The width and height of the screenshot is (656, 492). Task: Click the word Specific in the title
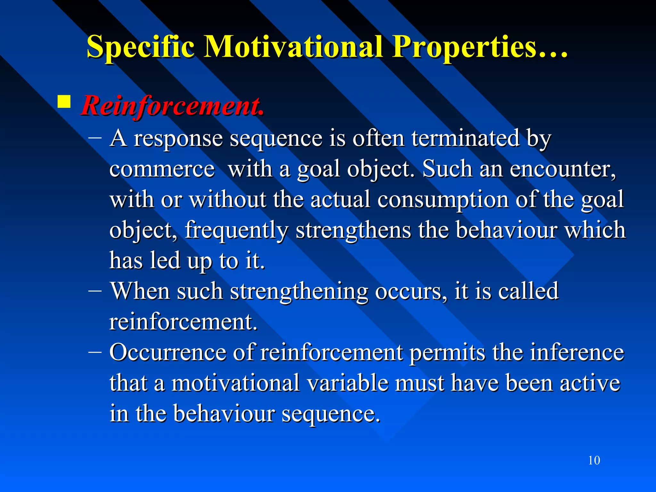[x=140, y=47]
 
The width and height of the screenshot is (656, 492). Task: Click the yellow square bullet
[x=64, y=102]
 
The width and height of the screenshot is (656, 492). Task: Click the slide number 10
[x=594, y=460]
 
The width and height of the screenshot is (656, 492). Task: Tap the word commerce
[x=162, y=169]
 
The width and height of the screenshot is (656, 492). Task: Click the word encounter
[x=562, y=169]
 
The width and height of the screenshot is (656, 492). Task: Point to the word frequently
[x=236, y=230]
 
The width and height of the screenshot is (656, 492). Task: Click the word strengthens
[x=353, y=230]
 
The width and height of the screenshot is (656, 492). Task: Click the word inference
[x=577, y=352]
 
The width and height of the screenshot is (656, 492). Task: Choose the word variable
[x=347, y=383]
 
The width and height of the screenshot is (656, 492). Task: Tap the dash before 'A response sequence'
[x=95, y=138]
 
